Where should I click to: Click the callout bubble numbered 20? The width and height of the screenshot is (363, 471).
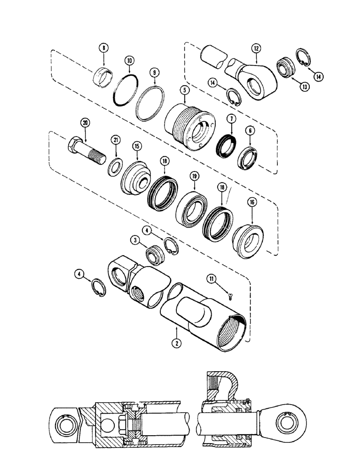pyautogui.click(x=85, y=123)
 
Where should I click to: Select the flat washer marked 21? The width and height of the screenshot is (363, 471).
pyautogui.click(x=113, y=167)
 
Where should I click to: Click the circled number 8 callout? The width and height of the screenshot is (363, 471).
pyautogui.click(x=104, y=48)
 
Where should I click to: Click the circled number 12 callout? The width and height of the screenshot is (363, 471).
pyautogui.click(x=256, y=48)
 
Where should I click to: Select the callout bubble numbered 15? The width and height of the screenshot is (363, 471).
pyautogui.click(x=137, y=147)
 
